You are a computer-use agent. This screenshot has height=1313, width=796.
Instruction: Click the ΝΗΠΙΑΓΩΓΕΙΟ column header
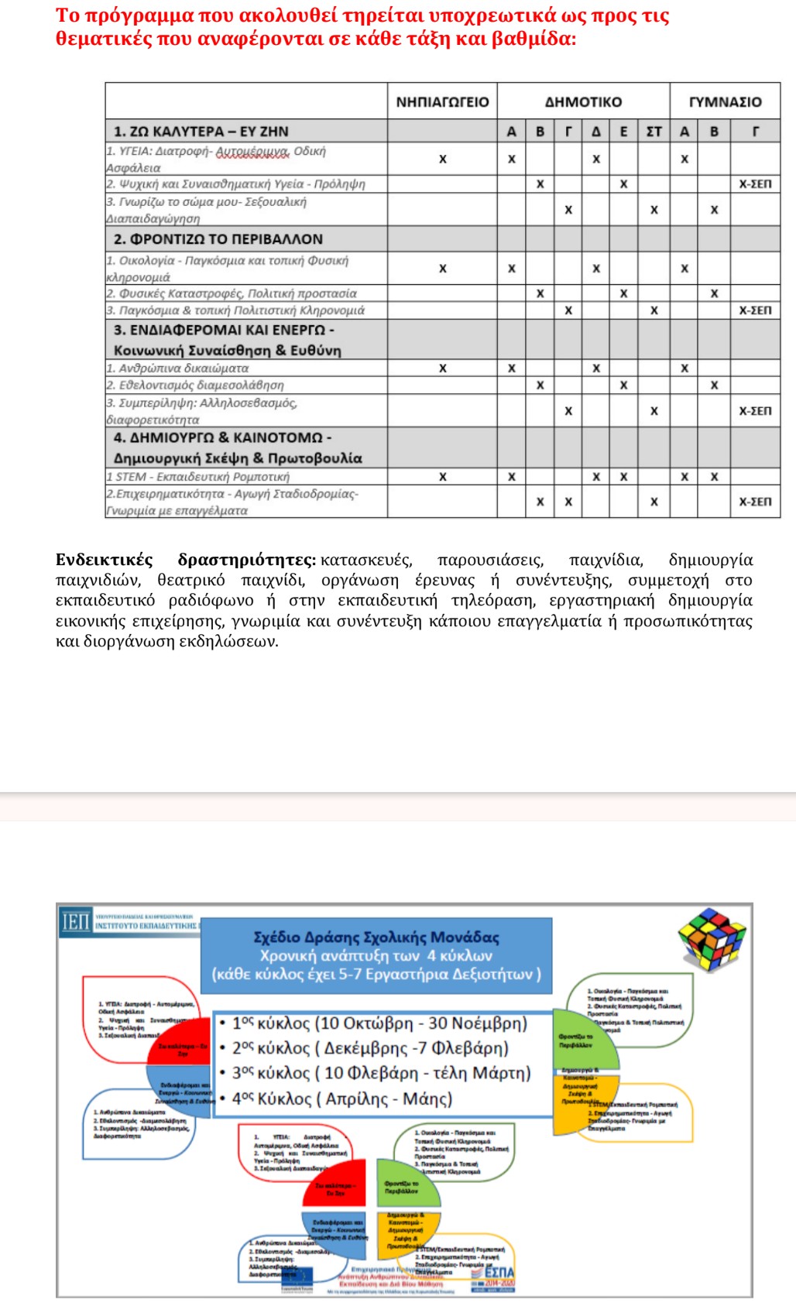442,101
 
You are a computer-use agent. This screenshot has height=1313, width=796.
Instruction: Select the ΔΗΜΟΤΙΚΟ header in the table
583,101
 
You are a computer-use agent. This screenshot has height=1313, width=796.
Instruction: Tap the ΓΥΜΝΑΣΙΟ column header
725,101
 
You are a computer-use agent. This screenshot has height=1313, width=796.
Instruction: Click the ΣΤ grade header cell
654,132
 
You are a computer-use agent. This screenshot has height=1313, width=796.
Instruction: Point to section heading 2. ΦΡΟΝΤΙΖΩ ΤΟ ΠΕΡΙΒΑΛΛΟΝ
218,239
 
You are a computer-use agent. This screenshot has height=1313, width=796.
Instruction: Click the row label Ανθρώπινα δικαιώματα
178,369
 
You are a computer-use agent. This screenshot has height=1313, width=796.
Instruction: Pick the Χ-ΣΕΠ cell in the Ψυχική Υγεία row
755,184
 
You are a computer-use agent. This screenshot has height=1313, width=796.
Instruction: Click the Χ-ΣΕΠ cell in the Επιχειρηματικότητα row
755,502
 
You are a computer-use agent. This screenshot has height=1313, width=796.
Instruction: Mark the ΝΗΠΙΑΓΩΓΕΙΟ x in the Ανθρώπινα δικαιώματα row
442,369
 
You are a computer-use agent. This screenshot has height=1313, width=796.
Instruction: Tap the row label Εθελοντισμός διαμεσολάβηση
195,385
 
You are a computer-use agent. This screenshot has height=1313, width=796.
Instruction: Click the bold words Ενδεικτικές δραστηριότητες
186,560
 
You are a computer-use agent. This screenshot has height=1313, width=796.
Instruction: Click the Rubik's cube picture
711,938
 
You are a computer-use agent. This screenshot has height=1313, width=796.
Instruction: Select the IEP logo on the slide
76,921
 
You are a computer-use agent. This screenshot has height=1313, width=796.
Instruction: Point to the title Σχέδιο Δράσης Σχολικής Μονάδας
376,937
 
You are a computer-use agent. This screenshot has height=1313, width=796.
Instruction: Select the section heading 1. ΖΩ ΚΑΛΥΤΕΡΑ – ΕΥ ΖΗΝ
201,132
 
